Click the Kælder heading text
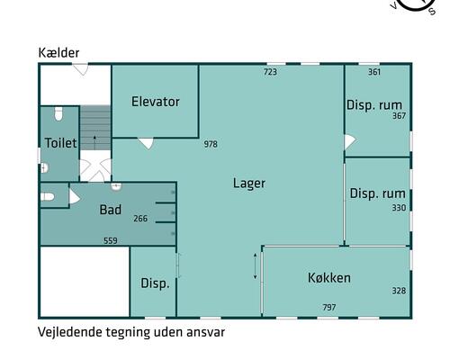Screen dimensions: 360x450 (58, 53)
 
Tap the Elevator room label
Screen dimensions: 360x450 (156, 102)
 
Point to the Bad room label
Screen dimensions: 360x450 (110, 210)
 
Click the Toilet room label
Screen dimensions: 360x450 (60, 143)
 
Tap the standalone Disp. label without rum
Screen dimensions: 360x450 (155, 283)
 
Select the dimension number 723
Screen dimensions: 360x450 (270, 72)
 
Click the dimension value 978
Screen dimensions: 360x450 (211, 144)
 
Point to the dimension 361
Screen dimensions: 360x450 (374, 72)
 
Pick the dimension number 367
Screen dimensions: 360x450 (399, 116)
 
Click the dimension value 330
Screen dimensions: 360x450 (399, 208)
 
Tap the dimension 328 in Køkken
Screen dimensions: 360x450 (399, 291)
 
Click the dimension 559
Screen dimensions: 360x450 (110, 240)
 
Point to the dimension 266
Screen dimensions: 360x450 (140, 218)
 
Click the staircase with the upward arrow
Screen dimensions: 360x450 (94, 132)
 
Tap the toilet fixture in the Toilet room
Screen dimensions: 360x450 (58, 115)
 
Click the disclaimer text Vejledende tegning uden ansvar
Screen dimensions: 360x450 (130, 331)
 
